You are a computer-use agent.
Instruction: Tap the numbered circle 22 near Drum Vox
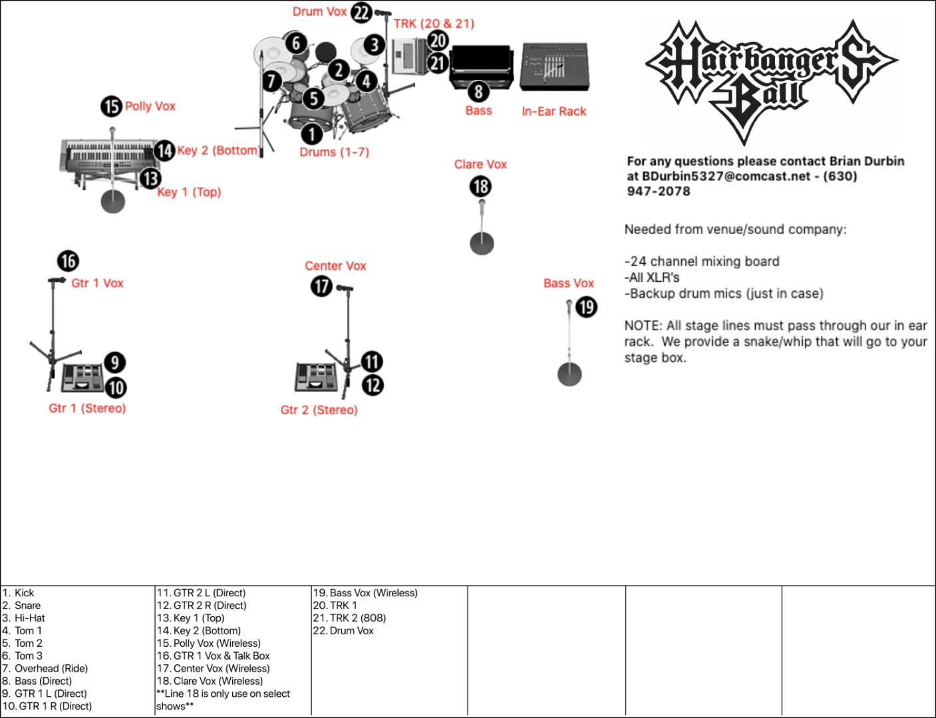tap(361, 12)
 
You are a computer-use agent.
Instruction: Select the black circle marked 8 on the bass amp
tap(478, 91)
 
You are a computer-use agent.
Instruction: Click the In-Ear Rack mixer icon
tap(553, 67)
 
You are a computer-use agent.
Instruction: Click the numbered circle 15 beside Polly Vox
tap(112, 106)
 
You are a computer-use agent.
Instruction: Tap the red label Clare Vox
tap(480, 164)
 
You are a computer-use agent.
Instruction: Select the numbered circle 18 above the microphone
tap(480, 185)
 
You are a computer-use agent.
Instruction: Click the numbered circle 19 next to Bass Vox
tap(586, 307)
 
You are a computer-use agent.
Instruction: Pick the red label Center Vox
tap(335, 266)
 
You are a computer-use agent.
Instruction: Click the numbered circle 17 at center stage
tap(322, 287)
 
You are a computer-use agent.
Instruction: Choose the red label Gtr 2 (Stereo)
tap(319, 410)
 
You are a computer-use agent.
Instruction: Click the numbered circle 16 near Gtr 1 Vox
tap(68, 261)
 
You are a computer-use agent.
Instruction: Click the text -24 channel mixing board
tap(702, 261)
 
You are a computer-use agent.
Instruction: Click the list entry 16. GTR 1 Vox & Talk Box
tap(213, 656)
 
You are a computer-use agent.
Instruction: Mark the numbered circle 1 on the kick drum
tap(311, 134)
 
